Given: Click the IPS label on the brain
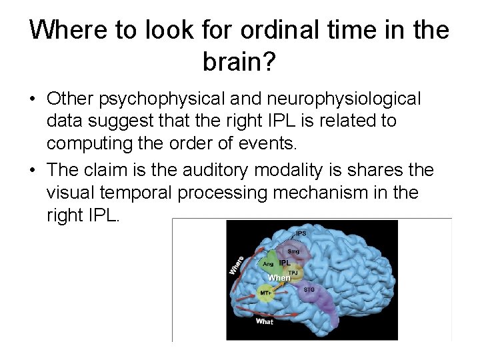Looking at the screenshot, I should point(301,233).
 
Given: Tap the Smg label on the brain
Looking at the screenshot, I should point(293,251).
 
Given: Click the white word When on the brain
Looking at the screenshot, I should point(279,277).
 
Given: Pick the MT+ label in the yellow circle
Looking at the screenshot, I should point(265,293).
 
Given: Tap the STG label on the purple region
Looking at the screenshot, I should point(309,289).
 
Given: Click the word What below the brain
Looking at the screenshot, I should point(265,321).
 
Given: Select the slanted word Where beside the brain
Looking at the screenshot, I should point(237,265).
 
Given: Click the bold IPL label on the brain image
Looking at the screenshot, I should point(285,263).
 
